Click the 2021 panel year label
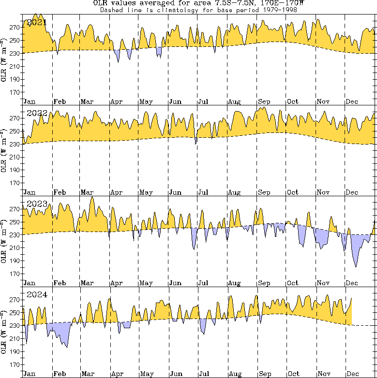[x=37, y=23]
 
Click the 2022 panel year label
[x=37, y=113]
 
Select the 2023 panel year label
[x=37, y=204]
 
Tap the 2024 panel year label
[x=37, y=294]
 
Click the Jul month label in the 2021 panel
[x=203, y=102]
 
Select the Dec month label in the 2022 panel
[x=352, y=192]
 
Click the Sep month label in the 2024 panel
[x=264, y=374]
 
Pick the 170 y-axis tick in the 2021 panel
[x=14, y=92]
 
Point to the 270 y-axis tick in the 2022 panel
[x=14, y=118]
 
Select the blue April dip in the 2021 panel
[x=118, y=55]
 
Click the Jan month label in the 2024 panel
[x=29, y=374]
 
